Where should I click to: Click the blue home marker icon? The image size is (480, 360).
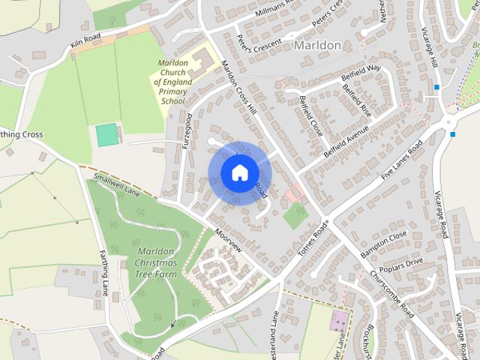pos(238,172)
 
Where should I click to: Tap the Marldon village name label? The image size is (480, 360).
pos(317,45)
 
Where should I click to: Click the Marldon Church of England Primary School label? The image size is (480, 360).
pos(172,82)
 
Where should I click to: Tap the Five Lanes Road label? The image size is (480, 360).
pos(402,160)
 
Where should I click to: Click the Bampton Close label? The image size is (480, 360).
pos(383,244)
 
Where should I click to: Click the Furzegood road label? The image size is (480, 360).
pos(187,130)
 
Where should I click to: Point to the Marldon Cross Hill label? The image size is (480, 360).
pos(240,88)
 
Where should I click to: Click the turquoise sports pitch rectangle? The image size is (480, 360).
pos(107,135)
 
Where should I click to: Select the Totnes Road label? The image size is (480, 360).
pos(313,239)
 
